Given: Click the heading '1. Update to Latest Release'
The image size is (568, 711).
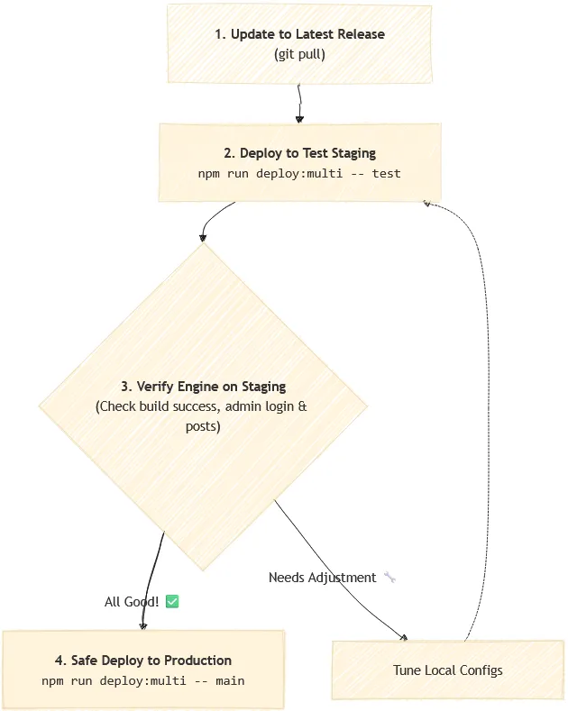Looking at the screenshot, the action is pos(299,34).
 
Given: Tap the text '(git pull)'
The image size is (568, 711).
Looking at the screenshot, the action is pos(299,54).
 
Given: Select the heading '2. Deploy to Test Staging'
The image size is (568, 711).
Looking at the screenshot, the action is pos(299,153).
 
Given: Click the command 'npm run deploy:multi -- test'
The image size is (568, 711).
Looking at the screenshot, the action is pos(299,174).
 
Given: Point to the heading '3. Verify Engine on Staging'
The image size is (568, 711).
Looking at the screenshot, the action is pos(203,387).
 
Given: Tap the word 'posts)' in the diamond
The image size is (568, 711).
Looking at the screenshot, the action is pos(203,426).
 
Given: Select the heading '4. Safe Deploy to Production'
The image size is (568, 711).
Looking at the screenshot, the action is pos(143,661).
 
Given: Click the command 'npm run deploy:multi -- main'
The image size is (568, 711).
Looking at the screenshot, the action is pos(143,680).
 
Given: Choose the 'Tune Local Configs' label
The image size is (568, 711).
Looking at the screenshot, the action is pos(448,670).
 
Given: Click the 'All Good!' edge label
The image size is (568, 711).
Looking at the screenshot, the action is pos(132,602).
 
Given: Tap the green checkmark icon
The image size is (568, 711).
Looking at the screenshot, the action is pos(172,601).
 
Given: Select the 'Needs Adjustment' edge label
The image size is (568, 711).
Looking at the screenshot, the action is pos(322,578).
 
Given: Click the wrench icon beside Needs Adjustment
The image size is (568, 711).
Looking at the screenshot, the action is pos(389,578).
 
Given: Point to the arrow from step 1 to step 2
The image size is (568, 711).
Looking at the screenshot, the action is pos(299,104).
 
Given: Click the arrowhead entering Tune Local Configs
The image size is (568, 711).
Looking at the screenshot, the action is pos(403,637).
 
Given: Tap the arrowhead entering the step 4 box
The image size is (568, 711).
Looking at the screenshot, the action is pos(143,626).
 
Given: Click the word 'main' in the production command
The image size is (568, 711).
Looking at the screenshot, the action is pos(230,680).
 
